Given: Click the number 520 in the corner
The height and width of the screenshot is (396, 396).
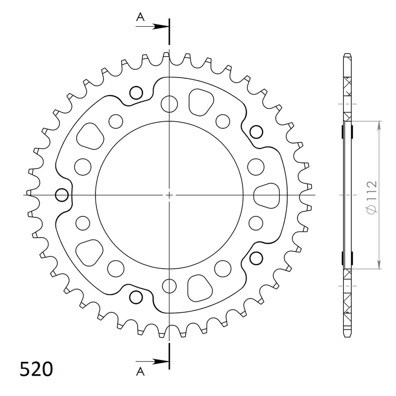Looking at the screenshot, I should [36, 369].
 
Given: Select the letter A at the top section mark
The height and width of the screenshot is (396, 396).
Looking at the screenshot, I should [141, 17].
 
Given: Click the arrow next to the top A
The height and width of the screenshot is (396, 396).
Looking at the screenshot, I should [157, 25].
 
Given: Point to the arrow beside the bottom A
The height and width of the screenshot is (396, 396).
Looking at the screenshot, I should [157, 363].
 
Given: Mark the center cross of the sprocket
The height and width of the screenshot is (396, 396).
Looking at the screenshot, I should [170, 195].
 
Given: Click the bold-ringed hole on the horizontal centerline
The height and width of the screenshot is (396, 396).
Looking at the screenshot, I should [62, 195].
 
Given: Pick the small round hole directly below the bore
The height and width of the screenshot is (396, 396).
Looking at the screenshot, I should [170, 286].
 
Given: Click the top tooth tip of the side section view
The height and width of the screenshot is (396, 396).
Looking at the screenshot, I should [347, 55].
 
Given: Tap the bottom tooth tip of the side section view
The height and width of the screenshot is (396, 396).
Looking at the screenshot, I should [347, 335].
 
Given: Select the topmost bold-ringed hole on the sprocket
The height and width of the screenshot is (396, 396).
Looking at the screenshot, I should [135, 93].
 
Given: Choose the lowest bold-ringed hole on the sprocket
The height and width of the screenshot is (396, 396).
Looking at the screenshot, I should [135, 297].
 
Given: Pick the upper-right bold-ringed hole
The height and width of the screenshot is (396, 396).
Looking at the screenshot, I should [256, 132].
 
